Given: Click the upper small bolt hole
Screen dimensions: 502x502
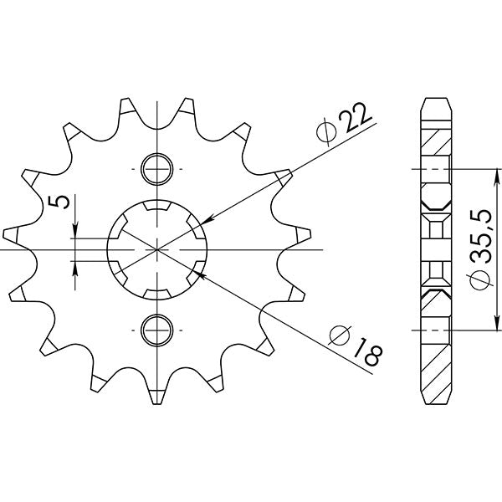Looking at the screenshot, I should [x=156, y=170].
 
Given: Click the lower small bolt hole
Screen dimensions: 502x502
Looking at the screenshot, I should [x=156, y=329].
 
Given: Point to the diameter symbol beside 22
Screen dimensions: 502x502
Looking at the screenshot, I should [x=328, y=131].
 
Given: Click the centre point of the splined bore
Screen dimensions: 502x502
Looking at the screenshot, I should [x=156, y=249].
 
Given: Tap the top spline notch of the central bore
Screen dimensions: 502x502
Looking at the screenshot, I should [x=156, y=206].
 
